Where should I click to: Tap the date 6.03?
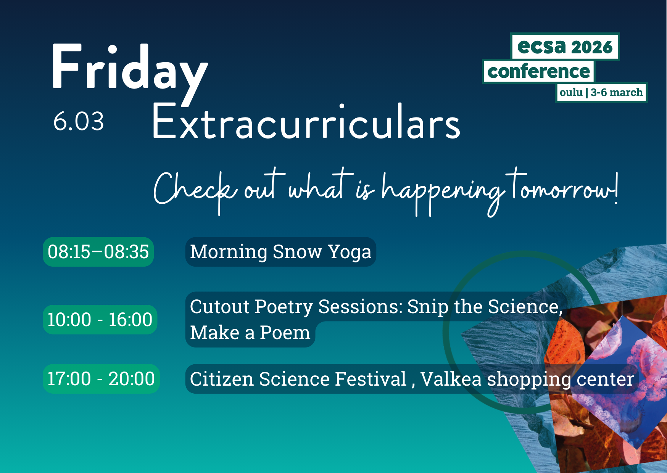click(x=79, y=122)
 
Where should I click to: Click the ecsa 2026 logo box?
click(x=565, y=47)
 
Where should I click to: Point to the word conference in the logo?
click(x=538, y=71)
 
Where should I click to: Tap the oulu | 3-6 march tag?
click(x=601, y=92)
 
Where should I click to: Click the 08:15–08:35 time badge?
click(x=98, y=252)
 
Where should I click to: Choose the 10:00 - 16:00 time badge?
click(x=100, y=320)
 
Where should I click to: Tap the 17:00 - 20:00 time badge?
click(x=101, y=379)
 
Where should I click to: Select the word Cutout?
click(x=219, y=307)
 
